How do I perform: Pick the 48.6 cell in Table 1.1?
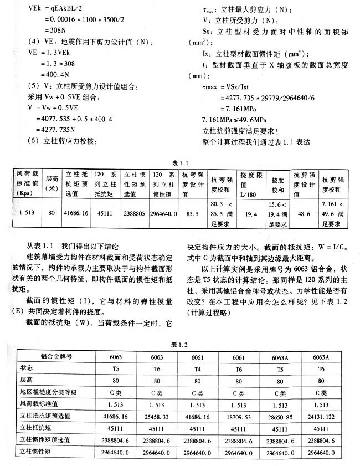tap(304, 213)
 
